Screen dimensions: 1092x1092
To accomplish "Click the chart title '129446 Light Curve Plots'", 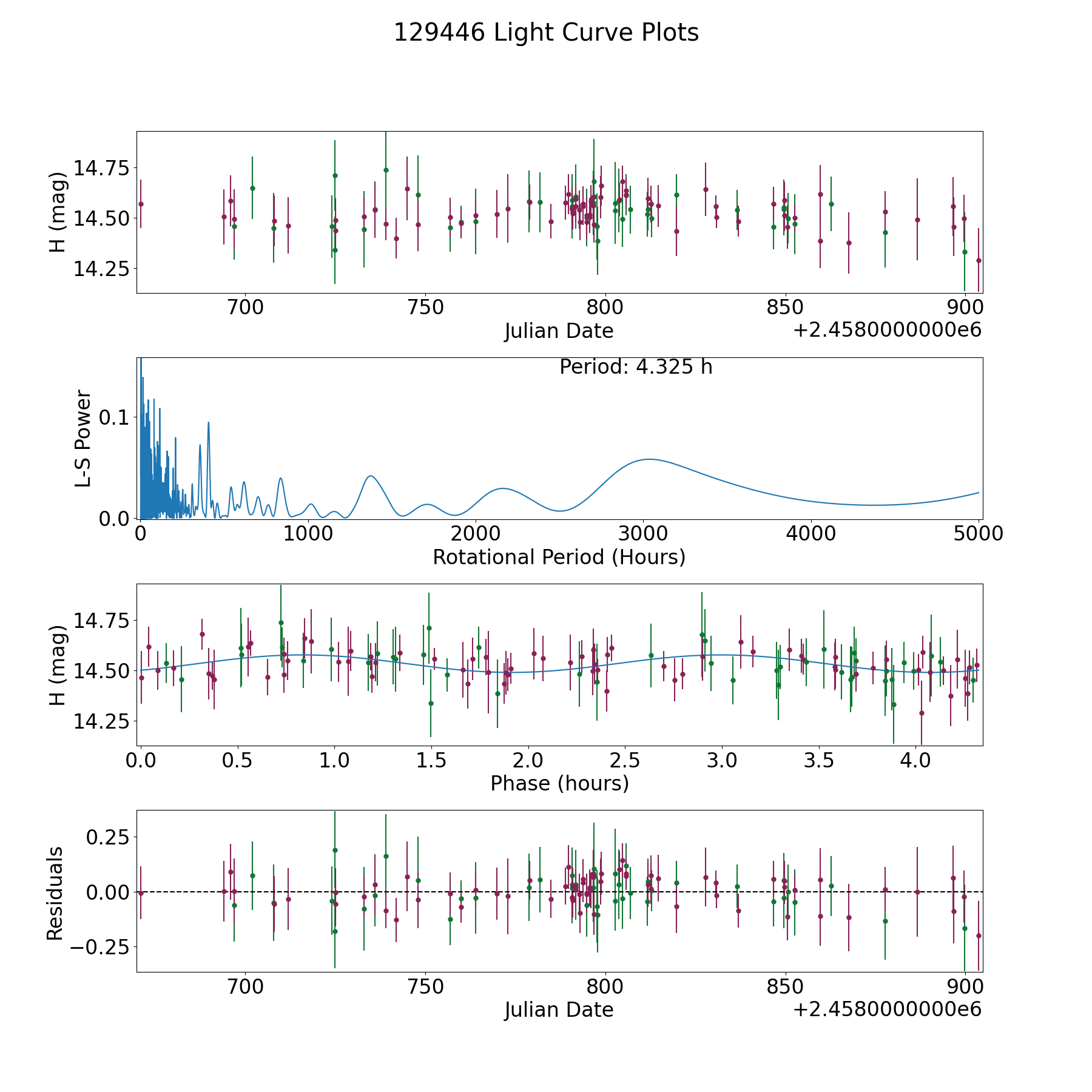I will (546, 33).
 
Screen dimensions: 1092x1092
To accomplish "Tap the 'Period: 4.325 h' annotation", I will (636, 367).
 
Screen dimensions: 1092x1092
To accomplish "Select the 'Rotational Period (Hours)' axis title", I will (559, 557).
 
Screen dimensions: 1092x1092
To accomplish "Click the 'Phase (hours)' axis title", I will (559, 783).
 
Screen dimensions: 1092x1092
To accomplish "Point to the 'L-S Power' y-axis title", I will (83, 438).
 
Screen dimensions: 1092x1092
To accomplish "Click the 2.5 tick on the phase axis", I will (625, 760).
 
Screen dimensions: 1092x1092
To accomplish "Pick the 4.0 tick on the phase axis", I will (915, 760).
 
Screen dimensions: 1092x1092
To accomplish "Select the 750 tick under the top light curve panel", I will (425, 308).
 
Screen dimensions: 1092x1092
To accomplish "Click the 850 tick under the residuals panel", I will (785, 987).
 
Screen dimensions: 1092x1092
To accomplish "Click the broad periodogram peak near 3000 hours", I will (649, 459).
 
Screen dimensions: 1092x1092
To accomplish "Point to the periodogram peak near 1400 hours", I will (370, 476).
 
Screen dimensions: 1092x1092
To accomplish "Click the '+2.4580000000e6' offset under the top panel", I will (887, 330).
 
